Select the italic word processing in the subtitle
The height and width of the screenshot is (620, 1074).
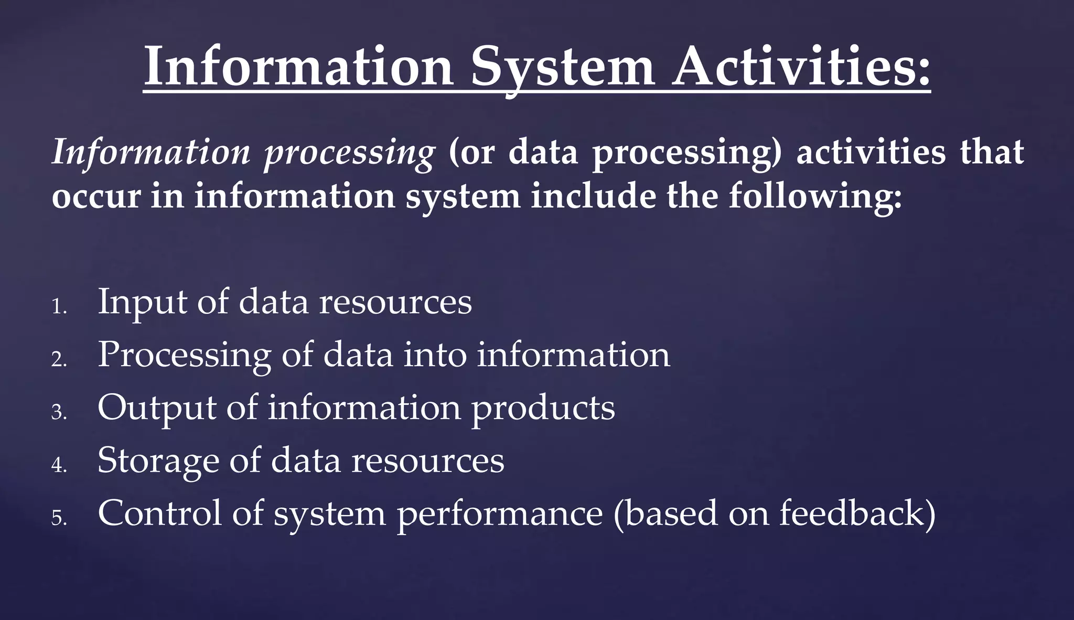349,153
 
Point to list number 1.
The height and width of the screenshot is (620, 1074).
59,307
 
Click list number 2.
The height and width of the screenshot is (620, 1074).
59,360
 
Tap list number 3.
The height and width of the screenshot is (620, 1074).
59,413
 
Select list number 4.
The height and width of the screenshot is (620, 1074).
59,466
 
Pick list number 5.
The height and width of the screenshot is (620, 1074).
59,519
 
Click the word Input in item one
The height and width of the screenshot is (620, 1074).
142,303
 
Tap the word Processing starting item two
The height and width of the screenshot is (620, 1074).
184,356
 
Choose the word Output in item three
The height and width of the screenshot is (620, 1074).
157,409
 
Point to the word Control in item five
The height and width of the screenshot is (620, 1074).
159,514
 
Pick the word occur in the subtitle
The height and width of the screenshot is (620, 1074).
96,198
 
